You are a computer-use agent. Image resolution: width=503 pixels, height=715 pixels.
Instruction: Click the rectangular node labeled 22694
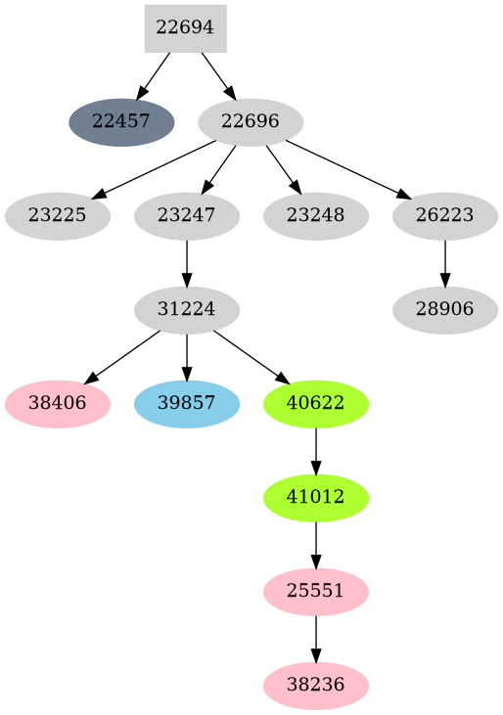tap(185, 28)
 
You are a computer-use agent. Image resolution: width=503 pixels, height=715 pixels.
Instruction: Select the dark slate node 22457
tap(121, 122)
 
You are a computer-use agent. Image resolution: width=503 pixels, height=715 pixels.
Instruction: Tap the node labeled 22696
tap(251, 122)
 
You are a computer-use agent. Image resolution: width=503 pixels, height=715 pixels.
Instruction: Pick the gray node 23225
tap(57, 216)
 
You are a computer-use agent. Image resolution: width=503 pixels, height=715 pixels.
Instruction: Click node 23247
tap(186, 216)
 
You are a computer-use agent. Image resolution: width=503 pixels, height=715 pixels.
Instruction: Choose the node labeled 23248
tap(315, 216)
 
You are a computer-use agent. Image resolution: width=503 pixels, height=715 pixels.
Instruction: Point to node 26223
tap(444, 216)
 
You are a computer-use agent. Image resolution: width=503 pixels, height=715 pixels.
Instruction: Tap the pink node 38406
tap(57, 404)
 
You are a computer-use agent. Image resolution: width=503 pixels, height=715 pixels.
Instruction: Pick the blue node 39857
tap(186, 404)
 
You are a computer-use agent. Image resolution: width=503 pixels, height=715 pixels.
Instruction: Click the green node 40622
tap(315, 404)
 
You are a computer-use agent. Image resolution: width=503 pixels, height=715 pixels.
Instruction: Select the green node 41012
tap(315, 498)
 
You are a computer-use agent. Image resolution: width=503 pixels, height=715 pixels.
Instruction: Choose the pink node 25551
tap(315, 592)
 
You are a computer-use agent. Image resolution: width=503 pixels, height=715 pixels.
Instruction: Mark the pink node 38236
tap(315, 686)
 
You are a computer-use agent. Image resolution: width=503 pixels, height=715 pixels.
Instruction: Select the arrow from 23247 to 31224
tap(186, 263)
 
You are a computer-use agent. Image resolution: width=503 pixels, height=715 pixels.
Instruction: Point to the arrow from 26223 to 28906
tap(444, 263)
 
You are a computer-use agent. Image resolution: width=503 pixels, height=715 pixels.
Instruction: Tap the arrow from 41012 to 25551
tap(315, 545)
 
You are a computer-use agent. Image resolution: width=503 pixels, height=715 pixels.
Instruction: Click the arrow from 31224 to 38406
tap(122, 357)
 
